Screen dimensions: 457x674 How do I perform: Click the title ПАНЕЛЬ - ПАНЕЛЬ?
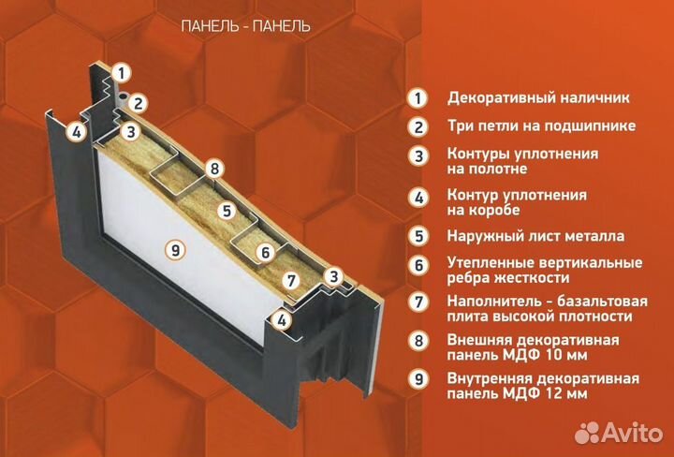(x=244, y=26)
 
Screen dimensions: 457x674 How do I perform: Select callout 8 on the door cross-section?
(x=214, y=169)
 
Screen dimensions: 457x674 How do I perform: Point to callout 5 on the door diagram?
(x=225, y=210)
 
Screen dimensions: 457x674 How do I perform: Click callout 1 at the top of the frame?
(x=120, y=71)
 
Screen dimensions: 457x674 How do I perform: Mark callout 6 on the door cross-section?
(x=265, y=251)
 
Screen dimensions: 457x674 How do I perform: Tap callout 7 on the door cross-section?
(x=291, y=279)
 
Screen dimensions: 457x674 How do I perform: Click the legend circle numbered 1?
(x=417, y=97)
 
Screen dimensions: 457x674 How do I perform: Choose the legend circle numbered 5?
(x=417, y=236)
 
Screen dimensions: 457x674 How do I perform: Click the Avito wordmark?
(x=630, y=432)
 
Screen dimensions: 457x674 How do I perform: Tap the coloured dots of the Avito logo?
(x=587, y=432)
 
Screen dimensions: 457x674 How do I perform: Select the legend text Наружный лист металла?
(x=535, y=236)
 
